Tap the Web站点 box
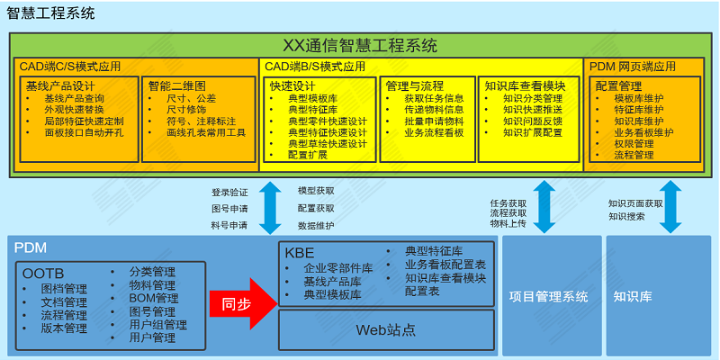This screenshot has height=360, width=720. pos(386,329)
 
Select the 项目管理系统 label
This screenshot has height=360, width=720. pos(548,297)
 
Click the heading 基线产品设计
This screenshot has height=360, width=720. pos(59,85)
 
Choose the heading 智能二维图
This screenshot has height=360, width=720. pos(176,85)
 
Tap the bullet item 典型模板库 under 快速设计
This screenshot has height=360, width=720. pos(312,98)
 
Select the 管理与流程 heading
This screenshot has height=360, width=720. pos(415,85)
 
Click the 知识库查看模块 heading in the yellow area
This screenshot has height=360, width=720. pos(525,85)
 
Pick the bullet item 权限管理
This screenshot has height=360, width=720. pos(634,144)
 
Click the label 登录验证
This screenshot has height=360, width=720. pos(229,193)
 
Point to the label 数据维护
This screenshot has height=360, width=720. pos(316,226)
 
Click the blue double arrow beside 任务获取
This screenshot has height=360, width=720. pos(544,207)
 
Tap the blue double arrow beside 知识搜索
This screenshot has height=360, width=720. pos(670,207)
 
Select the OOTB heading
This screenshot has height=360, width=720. pos(43,274)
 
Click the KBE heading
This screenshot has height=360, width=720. pos(300,253)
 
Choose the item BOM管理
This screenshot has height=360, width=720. pos(154,299)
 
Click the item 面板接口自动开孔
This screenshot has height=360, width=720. pos(84,133)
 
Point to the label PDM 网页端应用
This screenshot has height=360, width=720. pos(633,67)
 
